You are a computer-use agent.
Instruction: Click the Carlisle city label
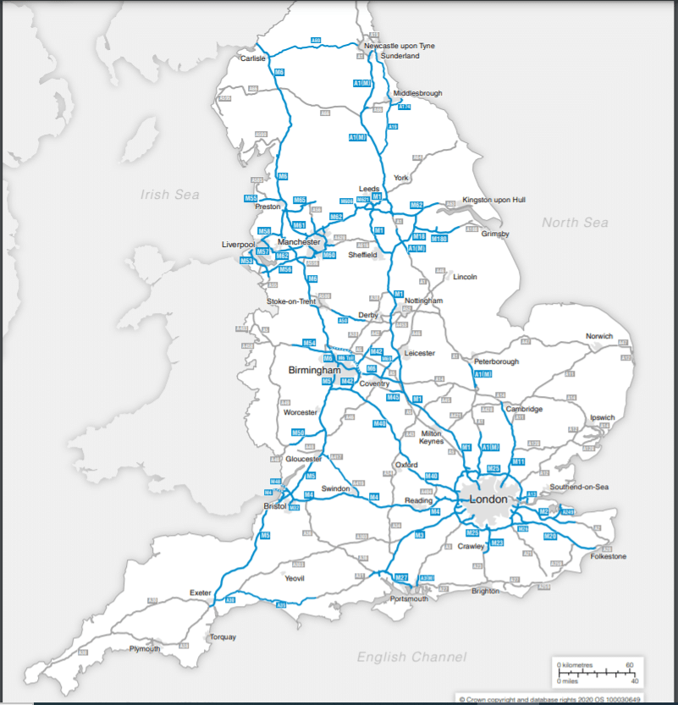[253, 58]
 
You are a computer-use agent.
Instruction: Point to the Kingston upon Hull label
[493, 200]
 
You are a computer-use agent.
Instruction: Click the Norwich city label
[598, 336]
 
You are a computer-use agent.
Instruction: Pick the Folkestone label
[608, 556]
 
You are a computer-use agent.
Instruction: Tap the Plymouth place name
[145, 648]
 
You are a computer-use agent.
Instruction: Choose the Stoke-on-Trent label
[292, 301]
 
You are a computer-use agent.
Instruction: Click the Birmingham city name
[314, 371]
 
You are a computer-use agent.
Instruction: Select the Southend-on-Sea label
[579, 487]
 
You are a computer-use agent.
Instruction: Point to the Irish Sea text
[169, 195]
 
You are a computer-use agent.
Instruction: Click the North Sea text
[575, 223]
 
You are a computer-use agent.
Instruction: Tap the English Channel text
[411, 657]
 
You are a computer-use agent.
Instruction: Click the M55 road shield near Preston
[251, 198]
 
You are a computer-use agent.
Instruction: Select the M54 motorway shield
[310, 343]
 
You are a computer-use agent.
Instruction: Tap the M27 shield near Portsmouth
[401, 577]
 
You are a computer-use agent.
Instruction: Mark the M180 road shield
[438, 240]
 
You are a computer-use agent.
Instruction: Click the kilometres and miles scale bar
[596, 673]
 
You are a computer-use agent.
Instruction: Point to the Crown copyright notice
[550, 699]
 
